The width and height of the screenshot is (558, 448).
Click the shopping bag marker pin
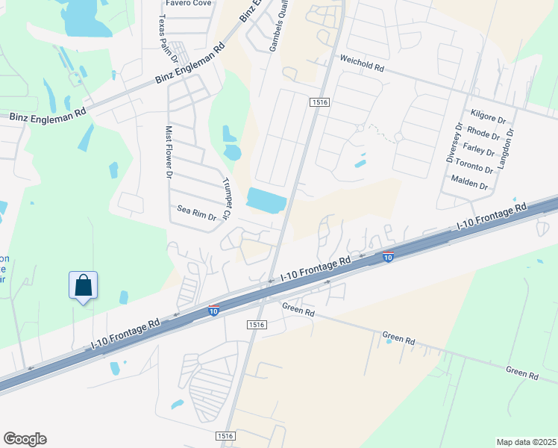pyautogui.click(x=84, y=286)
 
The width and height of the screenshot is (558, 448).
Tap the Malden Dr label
pyautogui.click(x=469, y=184)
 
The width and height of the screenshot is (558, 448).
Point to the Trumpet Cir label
pyautogui.click(x=228, y=199)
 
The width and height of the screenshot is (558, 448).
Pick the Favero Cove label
pyautogui.click(x=189, y=3)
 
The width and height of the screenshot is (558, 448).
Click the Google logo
pyautogui.click(x=25, y=439)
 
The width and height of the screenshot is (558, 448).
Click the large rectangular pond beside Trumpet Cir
pyautogui.click(x=266, y=200)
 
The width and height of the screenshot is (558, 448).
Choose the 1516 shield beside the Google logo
pyautogui.click(x=226, y=436)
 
